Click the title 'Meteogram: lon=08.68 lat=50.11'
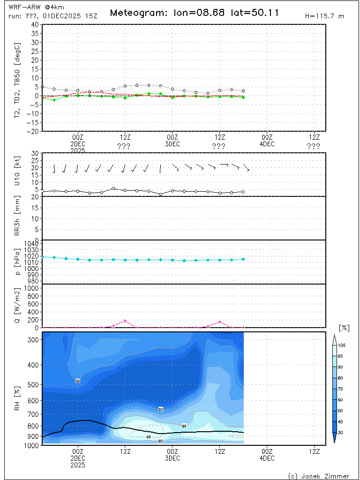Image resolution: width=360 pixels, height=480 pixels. (x=194, y=13)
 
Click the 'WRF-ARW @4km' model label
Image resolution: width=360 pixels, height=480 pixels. (x=30, y=7)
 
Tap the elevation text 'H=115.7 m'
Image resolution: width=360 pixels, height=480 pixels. (x=324, y=16)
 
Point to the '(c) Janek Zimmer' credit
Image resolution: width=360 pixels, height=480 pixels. (x=319, y=476)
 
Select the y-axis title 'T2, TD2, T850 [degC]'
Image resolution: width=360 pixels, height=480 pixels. (x=18, y=78)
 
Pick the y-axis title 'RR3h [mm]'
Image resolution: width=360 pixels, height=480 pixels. (x=18, y=218)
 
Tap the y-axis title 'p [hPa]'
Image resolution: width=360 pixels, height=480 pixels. (x=18, y=262)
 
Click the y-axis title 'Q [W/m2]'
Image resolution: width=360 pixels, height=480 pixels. (x=18, y=306)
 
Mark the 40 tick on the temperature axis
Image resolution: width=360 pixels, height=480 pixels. (x=35, y=24)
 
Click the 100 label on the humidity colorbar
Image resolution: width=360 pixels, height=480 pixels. (x=342, y=345)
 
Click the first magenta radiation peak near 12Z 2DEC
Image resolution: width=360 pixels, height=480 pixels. (x=125, y=321)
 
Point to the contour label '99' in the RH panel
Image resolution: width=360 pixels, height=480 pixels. (x=149, y=437)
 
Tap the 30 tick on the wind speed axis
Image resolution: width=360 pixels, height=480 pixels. (x=35, y=153)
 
